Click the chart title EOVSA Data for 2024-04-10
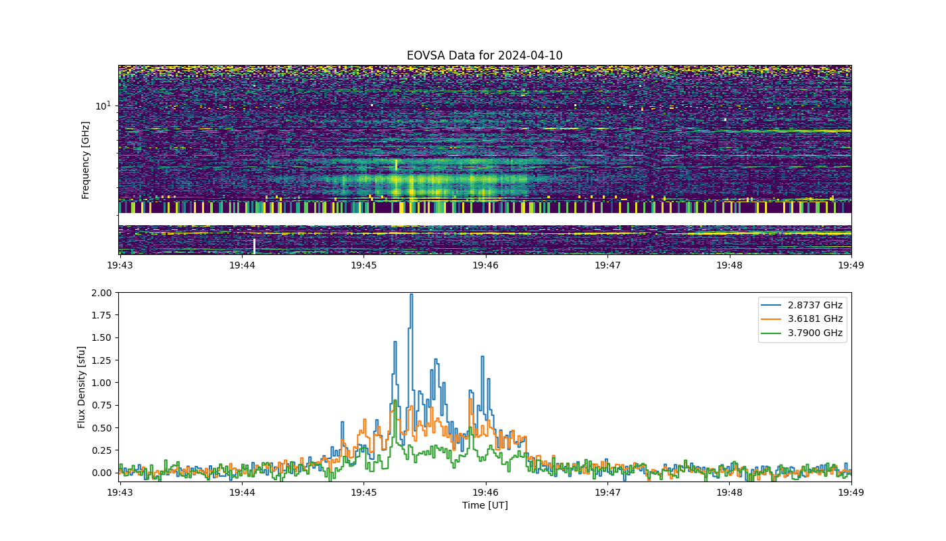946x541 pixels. tap(484, 55)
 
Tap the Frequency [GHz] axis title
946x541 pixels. tap(85, 160)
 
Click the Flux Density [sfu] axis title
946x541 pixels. tap(81, 387)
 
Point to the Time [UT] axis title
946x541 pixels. tap(485, 506)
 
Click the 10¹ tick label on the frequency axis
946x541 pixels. tap(103, 105)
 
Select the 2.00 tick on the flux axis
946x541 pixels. tap(101, 293)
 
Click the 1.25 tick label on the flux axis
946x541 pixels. tap(101, 360)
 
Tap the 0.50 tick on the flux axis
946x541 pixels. tap(101, 428)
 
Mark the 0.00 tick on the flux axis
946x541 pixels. tap(101, 473)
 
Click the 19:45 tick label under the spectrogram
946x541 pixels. tap(364, 265)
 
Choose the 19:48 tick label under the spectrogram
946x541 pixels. tap(729, 265)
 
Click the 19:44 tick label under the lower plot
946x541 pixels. tap(242, 492)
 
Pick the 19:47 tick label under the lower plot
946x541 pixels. tap(607, 492)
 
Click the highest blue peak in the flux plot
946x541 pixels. tap(412, 295)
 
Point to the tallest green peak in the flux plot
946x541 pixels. tap(395, 400)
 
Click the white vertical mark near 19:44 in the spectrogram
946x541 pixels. tap(254, 246)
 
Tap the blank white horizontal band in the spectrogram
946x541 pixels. tap(485, 219)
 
